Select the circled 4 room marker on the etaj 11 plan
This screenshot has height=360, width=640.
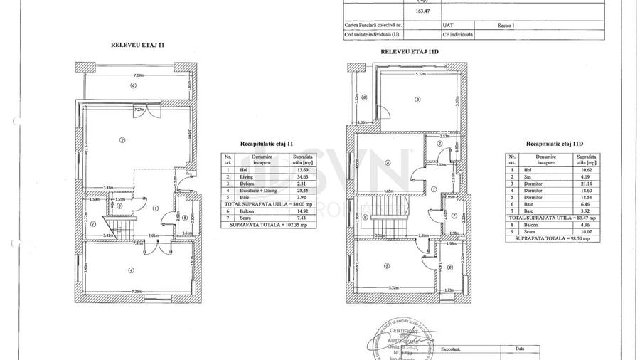[131, 269]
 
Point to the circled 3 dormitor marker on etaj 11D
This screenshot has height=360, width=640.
[417, 99]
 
